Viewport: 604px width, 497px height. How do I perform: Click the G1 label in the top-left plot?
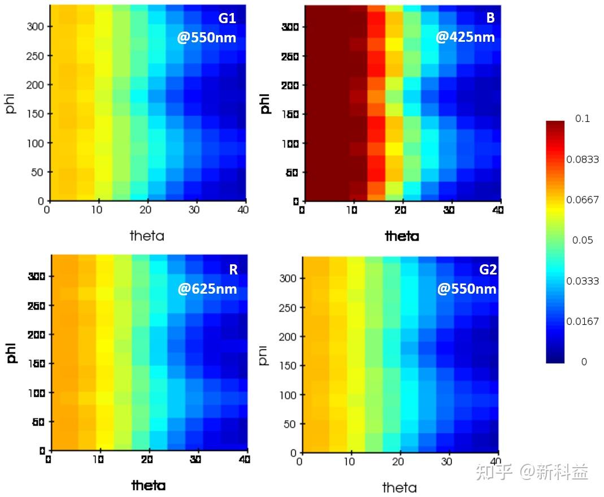pos(227,18)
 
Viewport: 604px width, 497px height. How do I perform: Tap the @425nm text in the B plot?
pos(465,37)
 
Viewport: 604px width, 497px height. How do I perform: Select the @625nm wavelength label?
pos(207,289)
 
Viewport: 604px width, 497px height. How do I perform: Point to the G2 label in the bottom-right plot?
pos(488,269)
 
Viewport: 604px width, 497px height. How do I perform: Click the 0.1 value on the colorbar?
pos(583,119)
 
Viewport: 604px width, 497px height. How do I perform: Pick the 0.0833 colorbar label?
pos(583,159)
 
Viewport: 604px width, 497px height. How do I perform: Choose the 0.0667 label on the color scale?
pos(583,199)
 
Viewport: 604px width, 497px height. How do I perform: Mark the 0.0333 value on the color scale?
pos(583,281)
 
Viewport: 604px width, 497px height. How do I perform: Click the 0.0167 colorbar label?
pos(583,321)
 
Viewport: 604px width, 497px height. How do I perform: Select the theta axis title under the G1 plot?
pos(147,236)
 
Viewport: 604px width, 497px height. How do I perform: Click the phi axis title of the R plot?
pos(12,350)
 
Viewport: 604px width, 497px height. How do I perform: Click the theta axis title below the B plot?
pos(402,236)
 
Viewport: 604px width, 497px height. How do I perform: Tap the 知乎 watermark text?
pos(493,472)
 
